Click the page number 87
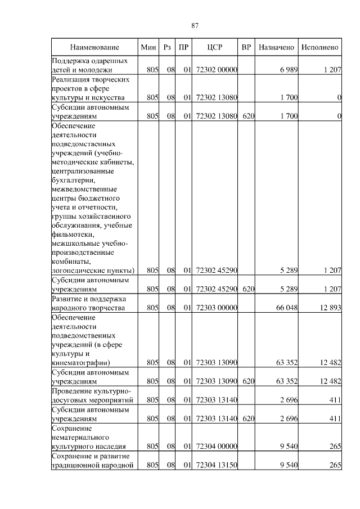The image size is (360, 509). click(x=195, y=25)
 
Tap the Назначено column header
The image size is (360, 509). click(x=276, y=47)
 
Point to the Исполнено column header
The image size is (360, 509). click(x=319, y=47)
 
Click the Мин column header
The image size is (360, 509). click(x=148, y=47)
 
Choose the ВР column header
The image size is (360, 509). click(x=246, y=47)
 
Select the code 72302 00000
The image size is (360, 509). click(x=217, y=70)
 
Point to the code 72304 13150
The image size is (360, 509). click(x=217, y=465)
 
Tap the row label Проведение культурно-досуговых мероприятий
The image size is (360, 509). click(x=92, y=395)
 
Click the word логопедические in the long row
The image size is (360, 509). click(x=74, y=271)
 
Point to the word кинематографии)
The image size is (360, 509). click(x=80, y=363)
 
